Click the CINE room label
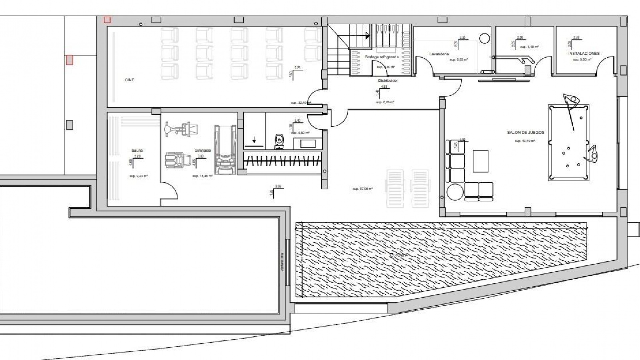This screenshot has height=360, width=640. coord(129,80)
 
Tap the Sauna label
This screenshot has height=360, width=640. coord(137,150)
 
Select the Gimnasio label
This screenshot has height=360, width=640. coord(203,150)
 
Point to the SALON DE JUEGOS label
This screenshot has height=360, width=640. coord(525,132)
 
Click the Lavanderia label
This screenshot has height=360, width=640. coord(439,54)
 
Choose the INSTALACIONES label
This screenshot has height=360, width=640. coord(584,53)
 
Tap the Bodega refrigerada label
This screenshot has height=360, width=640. coord(382,57)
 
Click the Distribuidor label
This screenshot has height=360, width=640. coord(388,81)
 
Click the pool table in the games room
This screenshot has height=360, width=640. coord(568,143)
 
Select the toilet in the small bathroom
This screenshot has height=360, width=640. coord(279,141)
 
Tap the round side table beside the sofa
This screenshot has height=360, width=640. coord(455,192)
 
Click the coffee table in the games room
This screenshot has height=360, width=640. coord(480,161)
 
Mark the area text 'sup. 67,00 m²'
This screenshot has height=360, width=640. coord(362,189)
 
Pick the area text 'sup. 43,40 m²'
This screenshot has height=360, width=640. coord(525,141)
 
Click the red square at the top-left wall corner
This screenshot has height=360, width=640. coord(107,20)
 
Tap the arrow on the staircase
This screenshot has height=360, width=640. coord(367,35)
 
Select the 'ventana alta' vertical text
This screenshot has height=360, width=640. coord(282,262)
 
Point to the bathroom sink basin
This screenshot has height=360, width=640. coord(308,144)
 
